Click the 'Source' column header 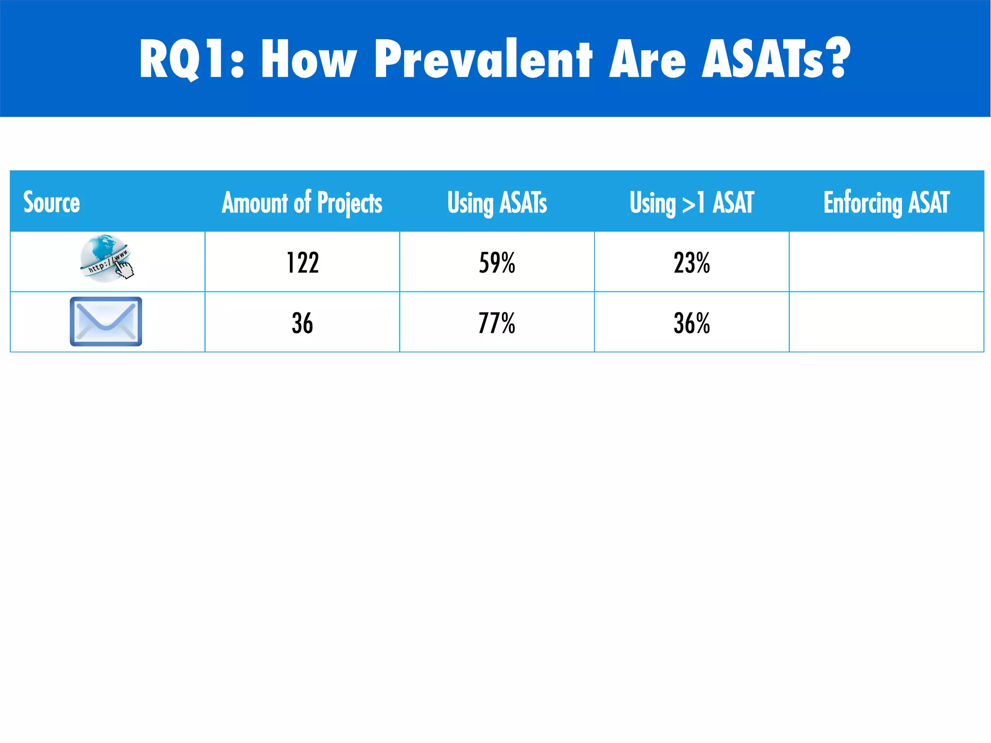point(52,202)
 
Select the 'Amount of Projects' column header point(302,202)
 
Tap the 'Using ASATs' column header point(497,202)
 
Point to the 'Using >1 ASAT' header point(691,202)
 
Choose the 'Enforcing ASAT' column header point(886,202)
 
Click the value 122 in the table point(302,263)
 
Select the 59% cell point(497,263)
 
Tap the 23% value point(691,263)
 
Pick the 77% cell point(497,323)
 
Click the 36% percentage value point(691,323)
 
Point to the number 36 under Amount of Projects point(302,323)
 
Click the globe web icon point(104,258)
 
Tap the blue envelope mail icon point(106,321)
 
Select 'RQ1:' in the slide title point(192,59)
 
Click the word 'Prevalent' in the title point(483,59)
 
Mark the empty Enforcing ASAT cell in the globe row point(886,262)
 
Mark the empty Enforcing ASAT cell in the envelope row point(886,322)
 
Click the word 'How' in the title point(308,59)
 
